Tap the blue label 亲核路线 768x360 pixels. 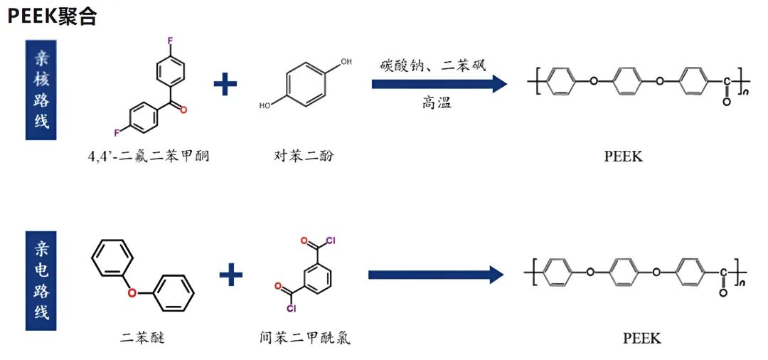(43, 90)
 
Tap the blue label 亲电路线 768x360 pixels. (43, 280)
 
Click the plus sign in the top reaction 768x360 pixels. (225, 84)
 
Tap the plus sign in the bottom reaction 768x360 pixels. (230, 274)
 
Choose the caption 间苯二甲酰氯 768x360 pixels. (305, 337)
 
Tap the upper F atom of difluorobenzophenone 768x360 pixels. (169, 41)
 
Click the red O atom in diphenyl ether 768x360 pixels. (132, 291)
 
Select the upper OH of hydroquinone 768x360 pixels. (346, 63)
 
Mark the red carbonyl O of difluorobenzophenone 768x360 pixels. (183, 110)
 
